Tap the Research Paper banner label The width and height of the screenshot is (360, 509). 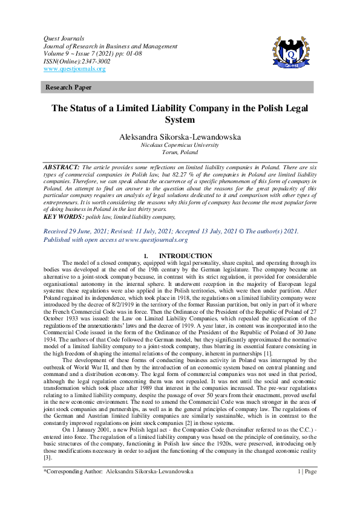[x=66, y=88]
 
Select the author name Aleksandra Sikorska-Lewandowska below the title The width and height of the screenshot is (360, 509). [x=180, y=137]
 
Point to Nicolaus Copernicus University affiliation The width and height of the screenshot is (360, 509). [x=180, y=146]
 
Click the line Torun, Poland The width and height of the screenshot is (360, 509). [x=180, y=154]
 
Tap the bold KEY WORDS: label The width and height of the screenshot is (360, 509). [x=64, y=216]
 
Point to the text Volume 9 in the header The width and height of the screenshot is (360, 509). [x=56, y=53]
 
